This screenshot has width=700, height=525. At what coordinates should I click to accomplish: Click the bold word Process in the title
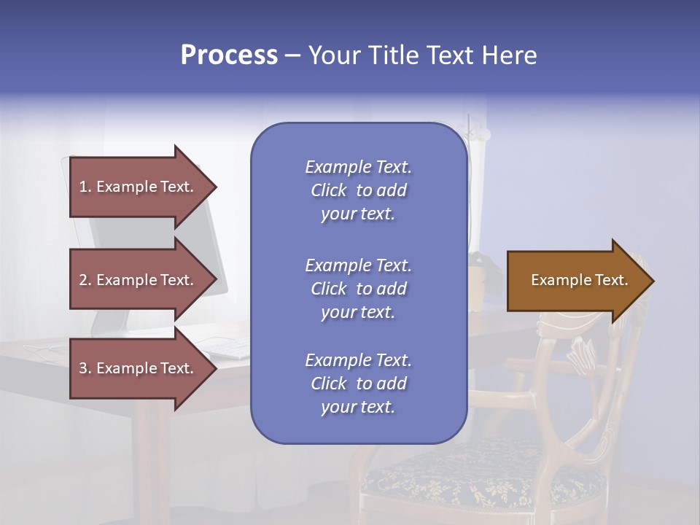click(x=229, y=55)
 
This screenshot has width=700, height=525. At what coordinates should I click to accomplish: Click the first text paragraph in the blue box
click(x=358, y=190)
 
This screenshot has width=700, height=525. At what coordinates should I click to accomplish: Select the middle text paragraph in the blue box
click(x=358, y=289)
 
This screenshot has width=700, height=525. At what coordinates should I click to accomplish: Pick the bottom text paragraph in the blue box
click(x=358, y=384)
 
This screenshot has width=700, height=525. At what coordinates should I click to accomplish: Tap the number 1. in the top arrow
click(x=85, y=187)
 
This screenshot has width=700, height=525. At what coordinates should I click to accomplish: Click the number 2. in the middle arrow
click(x=85, y=280)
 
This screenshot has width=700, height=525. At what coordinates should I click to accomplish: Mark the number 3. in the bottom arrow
click(x=85, y=368)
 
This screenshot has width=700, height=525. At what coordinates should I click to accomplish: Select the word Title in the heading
click(x=393, y=55)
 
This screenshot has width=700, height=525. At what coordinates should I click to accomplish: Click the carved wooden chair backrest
click(x=583, y=365)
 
